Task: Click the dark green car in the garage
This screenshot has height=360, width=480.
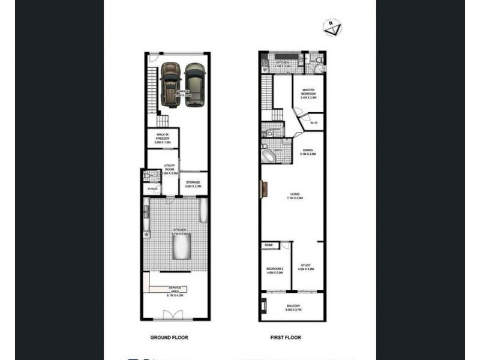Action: coord(194,84)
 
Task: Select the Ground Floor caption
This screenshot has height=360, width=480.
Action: coord(169,338)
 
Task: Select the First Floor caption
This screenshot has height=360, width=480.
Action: coord(284,338)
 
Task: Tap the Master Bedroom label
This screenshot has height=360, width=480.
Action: coord(308,91)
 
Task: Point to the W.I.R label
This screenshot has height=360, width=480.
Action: coord(314,124)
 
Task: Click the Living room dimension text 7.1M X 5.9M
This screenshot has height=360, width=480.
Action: coord(295,197)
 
